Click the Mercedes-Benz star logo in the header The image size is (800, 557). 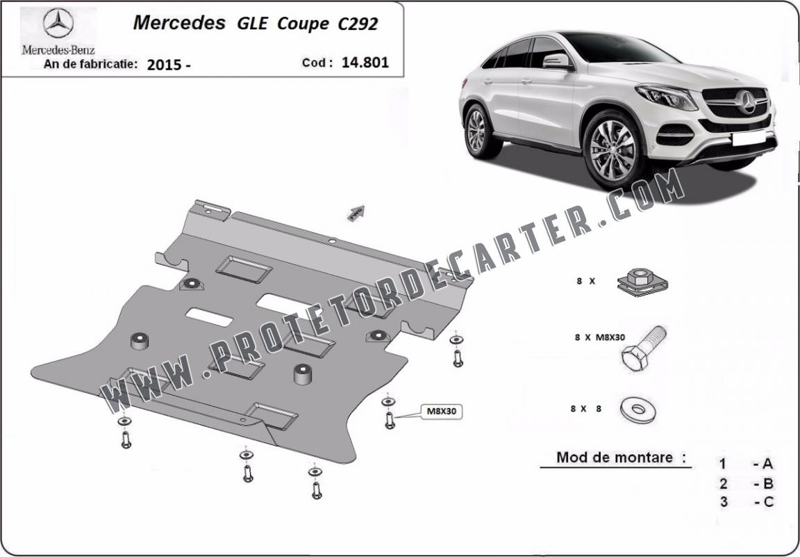pos(58,24)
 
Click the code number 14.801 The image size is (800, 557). pos(365,63)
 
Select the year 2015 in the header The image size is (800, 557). pos(164,65)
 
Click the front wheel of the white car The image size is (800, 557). pos(613,150)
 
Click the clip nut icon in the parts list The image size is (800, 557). pos(642,282)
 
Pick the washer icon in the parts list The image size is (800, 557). pos(637,410)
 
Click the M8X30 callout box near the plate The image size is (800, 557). pos(441,411)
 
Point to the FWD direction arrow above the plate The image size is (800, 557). pos(356,213)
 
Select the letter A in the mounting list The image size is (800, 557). pos(767,464)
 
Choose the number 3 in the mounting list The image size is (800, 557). pos(724,502)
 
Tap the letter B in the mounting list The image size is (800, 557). pos(768,483)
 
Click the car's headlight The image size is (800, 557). pos(667,97)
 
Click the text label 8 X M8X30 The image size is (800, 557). pos(599,337)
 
